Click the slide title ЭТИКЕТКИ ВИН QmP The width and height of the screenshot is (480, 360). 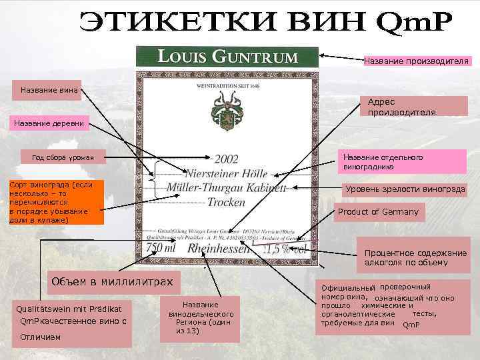(x=265, y=25)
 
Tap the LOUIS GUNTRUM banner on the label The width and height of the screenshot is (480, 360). (x=227, y=56)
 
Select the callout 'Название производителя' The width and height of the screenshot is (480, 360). (x=415, y=61)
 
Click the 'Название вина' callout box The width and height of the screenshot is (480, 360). (x=49, y=90)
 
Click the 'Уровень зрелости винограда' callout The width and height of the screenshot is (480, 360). (x=405, y=189)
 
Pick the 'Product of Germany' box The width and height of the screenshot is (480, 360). (x=378, y=212)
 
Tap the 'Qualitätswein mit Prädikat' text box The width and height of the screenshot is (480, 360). (x=70, y=323)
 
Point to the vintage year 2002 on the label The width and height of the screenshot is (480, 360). (x=226, y=159)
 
